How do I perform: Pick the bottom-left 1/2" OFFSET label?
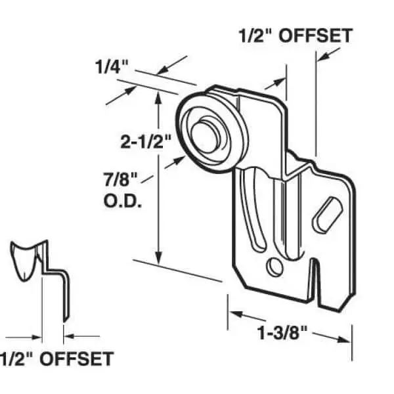(55, 359)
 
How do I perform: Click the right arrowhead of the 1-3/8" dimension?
(341, 338)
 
